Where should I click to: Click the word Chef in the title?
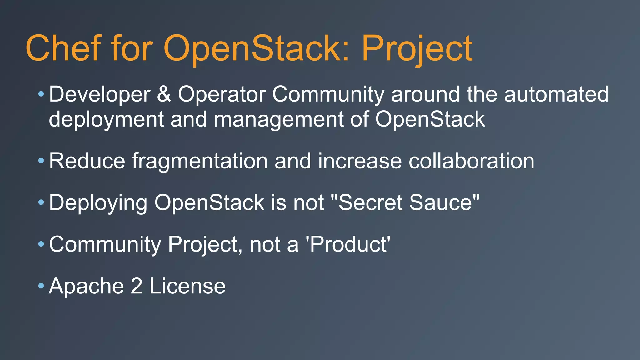pos(63,48)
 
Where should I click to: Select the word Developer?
pos(100,94)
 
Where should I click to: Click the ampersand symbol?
pos(164,94)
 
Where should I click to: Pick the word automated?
pos(556,94)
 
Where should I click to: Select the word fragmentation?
pos(200,161)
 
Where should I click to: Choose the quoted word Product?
pos(350,244)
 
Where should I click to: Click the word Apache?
pos(86,286)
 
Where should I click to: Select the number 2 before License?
pos(137,286)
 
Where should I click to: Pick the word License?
pos(187,286)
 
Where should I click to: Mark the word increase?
pos(360,161)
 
